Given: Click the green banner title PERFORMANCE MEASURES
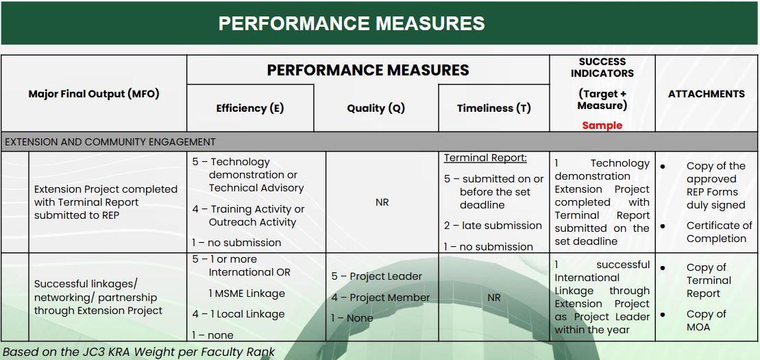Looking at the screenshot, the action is pyautogui.click(x=352, y=23).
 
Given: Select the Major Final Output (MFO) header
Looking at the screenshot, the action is pyautogui.click(x=94, y=94).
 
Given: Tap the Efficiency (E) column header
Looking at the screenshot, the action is pyautogui.click(x=250, y=108).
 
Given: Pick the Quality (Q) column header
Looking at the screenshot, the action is pyautogui.click(x=376, y=108).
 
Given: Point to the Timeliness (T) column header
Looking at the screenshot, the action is pyautogui.click(x=494, y=108).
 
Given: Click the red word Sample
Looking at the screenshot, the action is pyautogui.click(x=602, y=125).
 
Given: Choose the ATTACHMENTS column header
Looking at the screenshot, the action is pyautogui.click(x=706, y=94).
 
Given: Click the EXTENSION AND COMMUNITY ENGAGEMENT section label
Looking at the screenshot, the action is pyautogui.click(x=110, y=142).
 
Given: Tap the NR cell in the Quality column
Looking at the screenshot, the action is pyautogui.click(x=382, y=202).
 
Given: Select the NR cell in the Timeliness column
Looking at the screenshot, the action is pyautogui.click(x=494, y=298).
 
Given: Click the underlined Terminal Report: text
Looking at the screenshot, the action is pyautogui.click(x=485, y=158).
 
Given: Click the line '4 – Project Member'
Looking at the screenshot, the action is pyautogui.click(x=380, y=298).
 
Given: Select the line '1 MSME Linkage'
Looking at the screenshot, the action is pyautogui.click(x=247, y=293).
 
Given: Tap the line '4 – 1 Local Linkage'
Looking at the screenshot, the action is pyautogui.click(x=238, y=314).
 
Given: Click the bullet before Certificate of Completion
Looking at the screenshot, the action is pyautogui.click(x=663, y=226).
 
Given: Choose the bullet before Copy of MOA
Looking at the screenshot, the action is pyautogui.click(x=663, y=314).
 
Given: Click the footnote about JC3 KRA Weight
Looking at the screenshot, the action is pyautogui.click(x=138, y=352).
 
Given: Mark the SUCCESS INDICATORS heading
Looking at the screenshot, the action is pyautogui.click(x=602, y=67).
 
